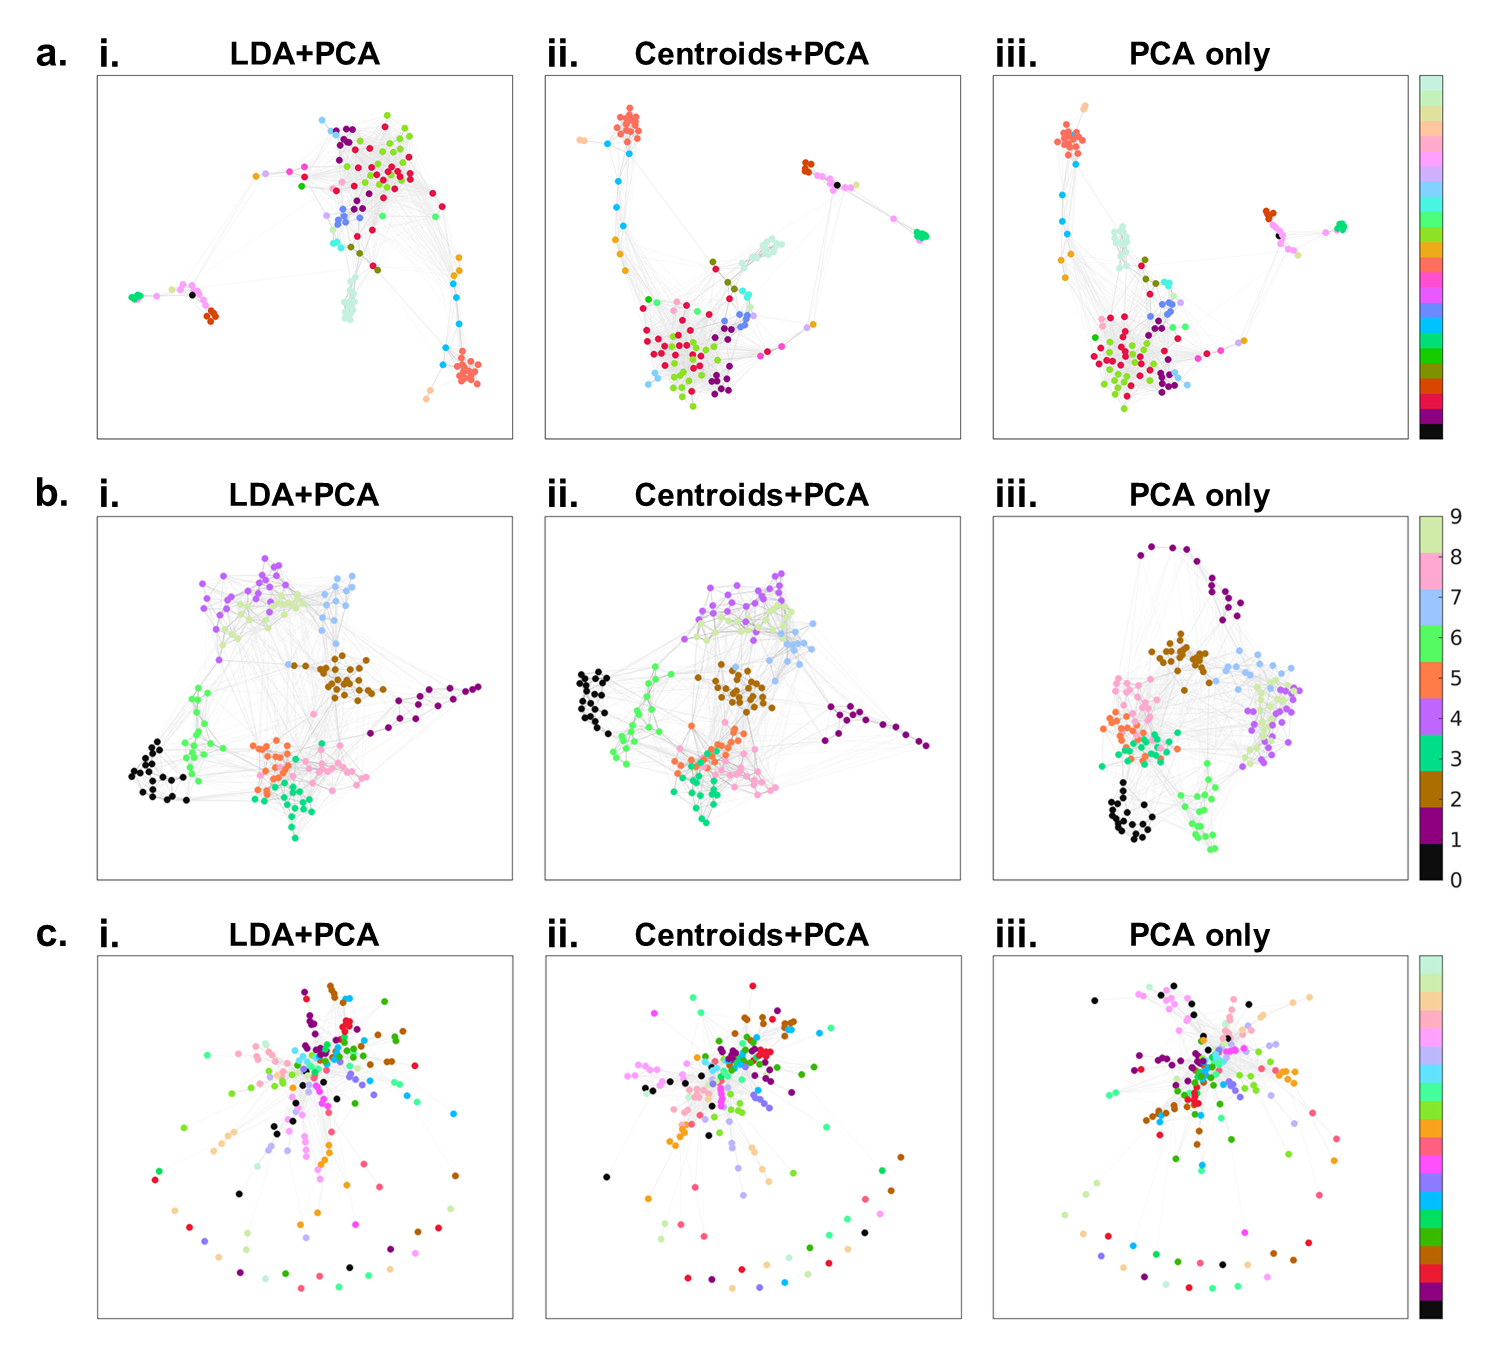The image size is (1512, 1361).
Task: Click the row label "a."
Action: click(51, 54)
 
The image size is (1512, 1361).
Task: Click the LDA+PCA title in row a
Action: click(304, 54)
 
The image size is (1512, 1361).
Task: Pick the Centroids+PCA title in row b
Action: click(751, 495)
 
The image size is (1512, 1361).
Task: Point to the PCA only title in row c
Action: click(1199, 935)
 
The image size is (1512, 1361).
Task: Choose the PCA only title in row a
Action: click(1199, 54)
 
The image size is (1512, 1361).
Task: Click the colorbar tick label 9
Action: click(1456, 517)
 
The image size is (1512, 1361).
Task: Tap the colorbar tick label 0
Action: click(1456, 880)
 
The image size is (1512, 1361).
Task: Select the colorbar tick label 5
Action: click(1456, 678)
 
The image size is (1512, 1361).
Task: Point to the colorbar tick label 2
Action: click(1456, 799)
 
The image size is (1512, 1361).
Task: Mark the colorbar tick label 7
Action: click(1456, 597)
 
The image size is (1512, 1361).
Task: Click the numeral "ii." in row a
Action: click(563, 54)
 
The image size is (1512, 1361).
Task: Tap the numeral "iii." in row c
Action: click(1016, 935)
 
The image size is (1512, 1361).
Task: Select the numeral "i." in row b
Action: click(109, 495)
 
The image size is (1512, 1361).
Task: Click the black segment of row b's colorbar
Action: click(1431, 862)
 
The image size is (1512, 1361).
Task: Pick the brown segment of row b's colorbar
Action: click(1431, 789)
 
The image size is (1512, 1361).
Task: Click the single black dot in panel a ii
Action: click(837, 185)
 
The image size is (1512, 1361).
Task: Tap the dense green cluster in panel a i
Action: click(135, 297)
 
